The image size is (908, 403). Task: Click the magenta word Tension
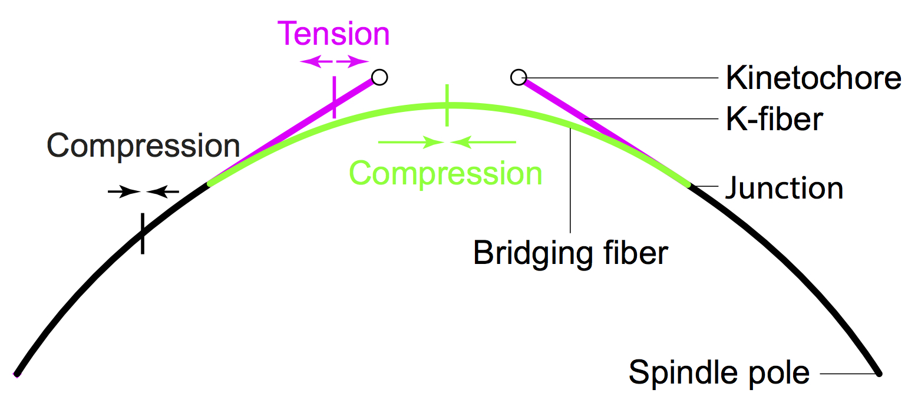pyautogui.click(x=334, y=34)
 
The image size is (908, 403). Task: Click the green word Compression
pyautogui.click(x=445, y=174)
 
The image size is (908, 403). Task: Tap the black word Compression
pyautogui.click(x=143, y=146)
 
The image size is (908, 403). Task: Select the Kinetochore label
pyautogui.click(x=813, y=77)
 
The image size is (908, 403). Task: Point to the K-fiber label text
pyautogui.click(x=774, y=120)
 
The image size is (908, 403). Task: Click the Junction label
pyautogui.click(x=784, y=188)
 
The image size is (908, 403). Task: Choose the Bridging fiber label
pyautogui.click(x=570, y=253)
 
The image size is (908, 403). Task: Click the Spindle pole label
pyautogui.click(x=719, y=372)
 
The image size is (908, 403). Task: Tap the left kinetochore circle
pyautogui.click(x=379, y=77)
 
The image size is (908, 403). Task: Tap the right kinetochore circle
pyautogui.click(x=519, y=77)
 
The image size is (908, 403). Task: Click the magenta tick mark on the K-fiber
pyautogui.click(x=334, y=97)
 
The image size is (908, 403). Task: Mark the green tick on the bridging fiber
pyautogui.click(x=447, y=105)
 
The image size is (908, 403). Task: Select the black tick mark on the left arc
pyautogui.click(x=142, y=233)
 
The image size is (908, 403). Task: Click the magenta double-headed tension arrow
pyautogui.click(x=334, y=61)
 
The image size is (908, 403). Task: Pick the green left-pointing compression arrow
pyautogui.click(x=483, y=142)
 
